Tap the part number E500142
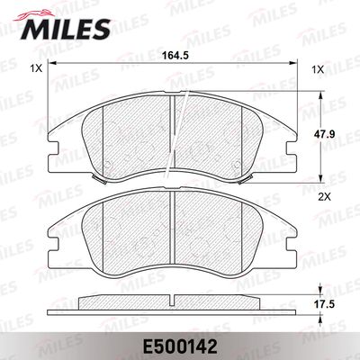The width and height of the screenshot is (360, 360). (x=180, y=345)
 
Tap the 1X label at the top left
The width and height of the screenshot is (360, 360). (x=35, y=69)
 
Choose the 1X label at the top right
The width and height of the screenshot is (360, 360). (x=317, y=69)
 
